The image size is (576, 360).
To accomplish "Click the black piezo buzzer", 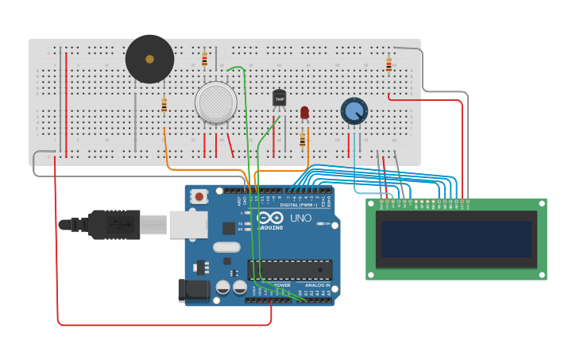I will click(x=149, y=59).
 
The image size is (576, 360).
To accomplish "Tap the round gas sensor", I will click(x=215, y=102).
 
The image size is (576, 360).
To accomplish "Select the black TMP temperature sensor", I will click(x=279, y=98).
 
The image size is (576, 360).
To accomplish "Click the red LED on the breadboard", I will click(x=304, y=113).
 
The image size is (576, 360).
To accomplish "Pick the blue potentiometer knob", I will click(x=354, y=110).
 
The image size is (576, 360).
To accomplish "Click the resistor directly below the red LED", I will click(x=302, y=140).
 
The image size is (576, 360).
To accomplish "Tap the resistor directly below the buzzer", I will click(x=164, y=106).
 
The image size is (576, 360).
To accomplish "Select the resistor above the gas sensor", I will click(x=204, y=59).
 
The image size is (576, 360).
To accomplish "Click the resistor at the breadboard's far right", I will click(x=389, y=65).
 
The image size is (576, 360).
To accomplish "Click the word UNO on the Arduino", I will click(x=300, y=218).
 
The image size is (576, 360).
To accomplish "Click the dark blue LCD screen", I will click(x=456, y=238).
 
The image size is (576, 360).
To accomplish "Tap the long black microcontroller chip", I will click(x=290, y=269).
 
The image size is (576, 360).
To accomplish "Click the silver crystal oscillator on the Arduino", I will click(x=226, y=246).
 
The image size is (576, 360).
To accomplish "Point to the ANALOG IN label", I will click(x=316, y=285).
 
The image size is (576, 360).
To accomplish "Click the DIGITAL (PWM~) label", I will click(x=299, y=204).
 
